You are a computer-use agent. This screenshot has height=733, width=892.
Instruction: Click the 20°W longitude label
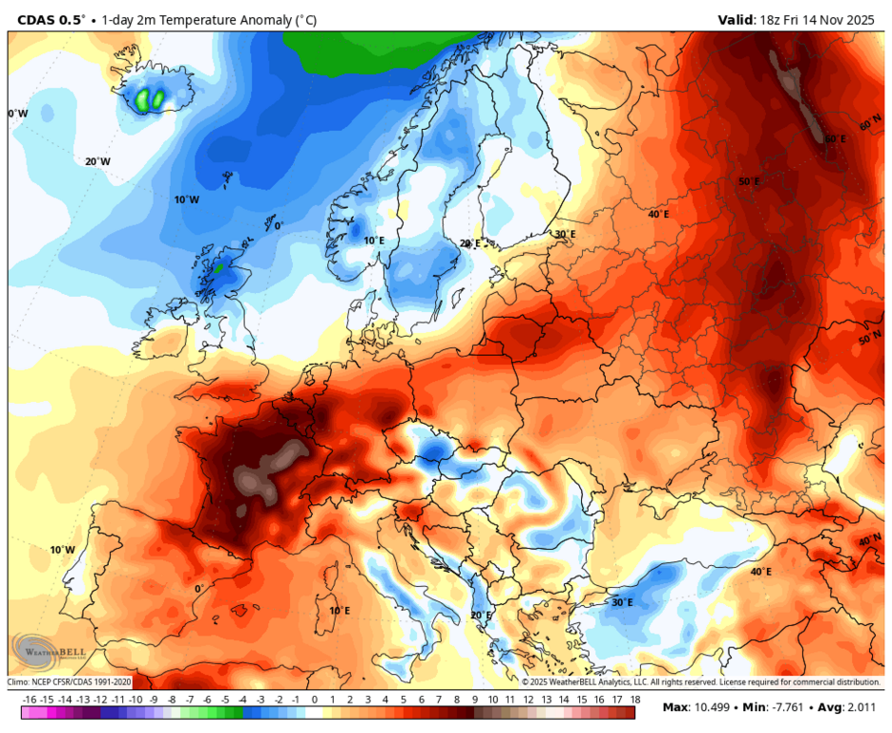point(97,161)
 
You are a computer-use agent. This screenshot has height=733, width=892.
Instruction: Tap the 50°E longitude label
point(749,181)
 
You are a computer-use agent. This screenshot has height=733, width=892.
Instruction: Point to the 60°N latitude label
point(870,125)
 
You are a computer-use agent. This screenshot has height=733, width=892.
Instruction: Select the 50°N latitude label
point(869,340)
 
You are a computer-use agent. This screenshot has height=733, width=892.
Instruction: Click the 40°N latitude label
point(869,540)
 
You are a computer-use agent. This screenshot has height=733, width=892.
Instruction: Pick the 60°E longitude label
point(835,139)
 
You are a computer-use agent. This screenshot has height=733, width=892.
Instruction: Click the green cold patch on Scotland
point(218,268)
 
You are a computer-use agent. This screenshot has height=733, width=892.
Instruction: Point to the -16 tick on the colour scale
point(30,700)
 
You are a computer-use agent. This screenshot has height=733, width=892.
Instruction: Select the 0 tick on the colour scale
point(315,700)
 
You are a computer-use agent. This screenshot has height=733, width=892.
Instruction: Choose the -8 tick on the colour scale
point(172,700)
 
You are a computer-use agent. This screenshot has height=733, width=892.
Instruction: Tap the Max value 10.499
point(716,707)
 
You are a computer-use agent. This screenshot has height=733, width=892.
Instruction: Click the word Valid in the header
point(737,19)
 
